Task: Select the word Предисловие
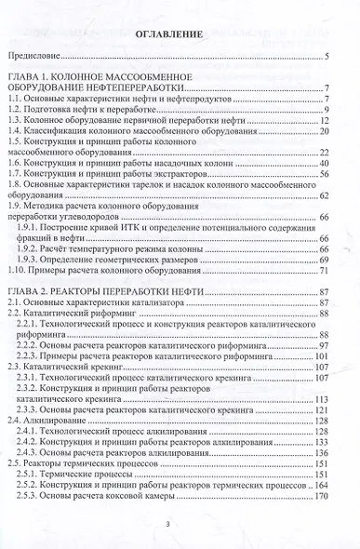(x=36, y=58)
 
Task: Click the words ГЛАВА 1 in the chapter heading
(x=36, y=74)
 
